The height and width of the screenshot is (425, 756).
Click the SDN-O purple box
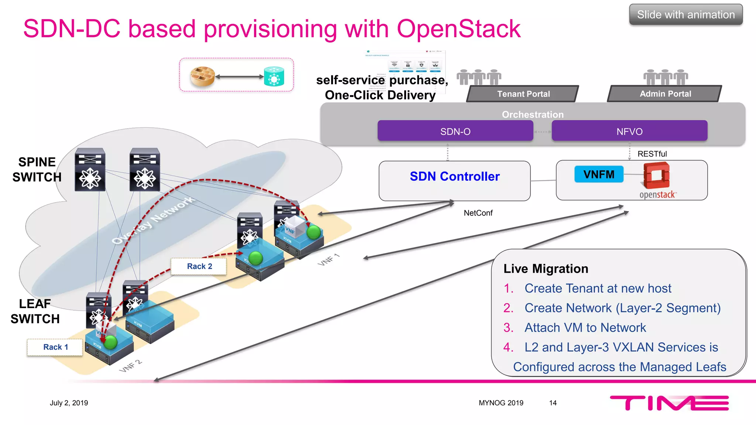[455, 131]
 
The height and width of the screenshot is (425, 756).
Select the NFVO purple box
[629, 131]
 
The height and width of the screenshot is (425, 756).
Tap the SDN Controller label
[454, 176]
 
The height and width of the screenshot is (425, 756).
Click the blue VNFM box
[599, 174]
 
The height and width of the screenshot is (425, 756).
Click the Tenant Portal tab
[523, 94]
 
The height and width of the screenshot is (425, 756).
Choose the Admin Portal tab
[665, 94]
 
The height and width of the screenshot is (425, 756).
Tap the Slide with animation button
[685, 15]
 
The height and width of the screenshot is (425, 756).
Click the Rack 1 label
[55, 347]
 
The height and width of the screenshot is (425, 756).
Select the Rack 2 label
[199, 266]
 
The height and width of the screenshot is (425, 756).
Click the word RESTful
[652, 154]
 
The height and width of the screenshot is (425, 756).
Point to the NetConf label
[478, 213]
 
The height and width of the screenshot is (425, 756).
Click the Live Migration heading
[546, 269]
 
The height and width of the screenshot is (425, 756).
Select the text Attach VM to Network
[585, 328]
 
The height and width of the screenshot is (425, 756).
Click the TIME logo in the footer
[669, 403]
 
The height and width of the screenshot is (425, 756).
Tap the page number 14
[553, 403]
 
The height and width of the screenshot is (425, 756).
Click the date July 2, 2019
[69, 403]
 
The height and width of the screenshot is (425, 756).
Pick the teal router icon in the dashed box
[274, 76]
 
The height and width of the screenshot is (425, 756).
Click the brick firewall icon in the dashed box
[203, 76]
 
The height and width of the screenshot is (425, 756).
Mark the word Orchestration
[532, 114]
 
